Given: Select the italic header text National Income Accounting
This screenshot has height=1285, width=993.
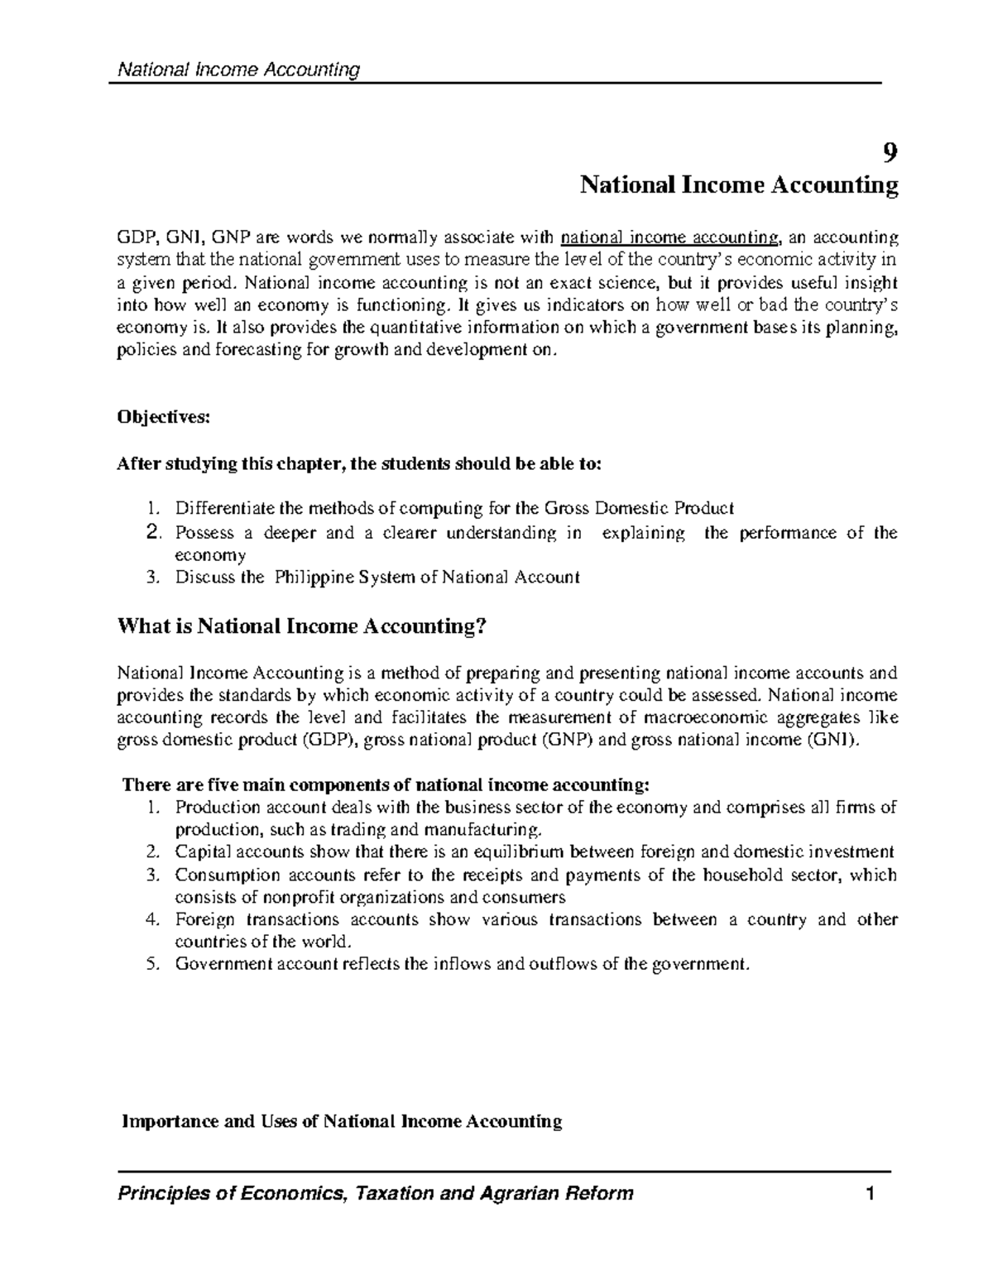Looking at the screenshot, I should [239, 70].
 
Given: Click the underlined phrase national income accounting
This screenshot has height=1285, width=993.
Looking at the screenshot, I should [669, 238].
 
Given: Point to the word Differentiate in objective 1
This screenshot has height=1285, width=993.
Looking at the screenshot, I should [215, 507].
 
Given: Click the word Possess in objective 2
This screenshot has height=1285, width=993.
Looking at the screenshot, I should [203, 533].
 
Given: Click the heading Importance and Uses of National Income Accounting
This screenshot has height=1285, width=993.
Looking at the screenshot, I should [342, 1121].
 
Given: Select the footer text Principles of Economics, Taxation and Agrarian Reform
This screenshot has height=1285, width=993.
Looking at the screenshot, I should [377, 1193].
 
